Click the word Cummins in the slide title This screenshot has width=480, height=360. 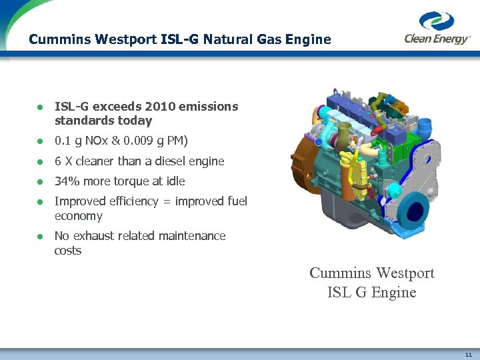point(56,39)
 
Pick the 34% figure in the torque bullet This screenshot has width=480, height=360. point(67,181)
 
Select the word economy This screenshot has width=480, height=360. point(78,216)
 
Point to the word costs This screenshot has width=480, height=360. point(67,251)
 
